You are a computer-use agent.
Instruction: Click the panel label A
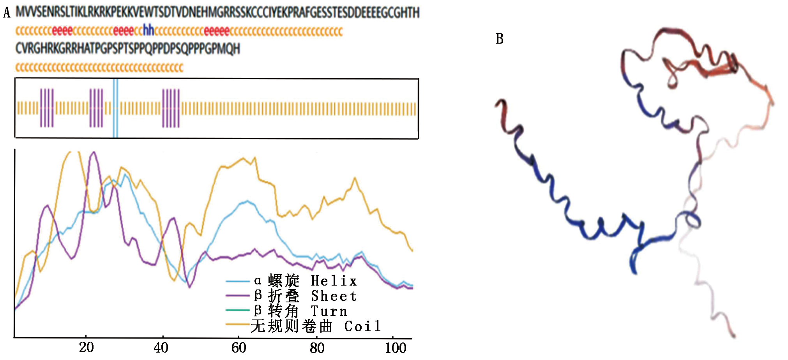pos(7,13)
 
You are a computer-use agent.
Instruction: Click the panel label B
pos(499,39)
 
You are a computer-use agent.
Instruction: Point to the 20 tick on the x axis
pos(86,347)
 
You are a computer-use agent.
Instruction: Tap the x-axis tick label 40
pos(161,347)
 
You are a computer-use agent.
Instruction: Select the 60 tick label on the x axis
pos(239,347)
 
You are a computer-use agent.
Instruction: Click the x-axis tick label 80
pos(317,347)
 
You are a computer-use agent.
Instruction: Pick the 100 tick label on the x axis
pos(395,347)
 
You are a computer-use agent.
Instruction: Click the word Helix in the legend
pos(334,281)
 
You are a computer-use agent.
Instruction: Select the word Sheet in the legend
pos(334,296)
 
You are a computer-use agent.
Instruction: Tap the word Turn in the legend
pos(329,311)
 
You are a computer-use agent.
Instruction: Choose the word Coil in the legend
pos(362,326)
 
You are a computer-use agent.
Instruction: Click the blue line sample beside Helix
pos(238,281)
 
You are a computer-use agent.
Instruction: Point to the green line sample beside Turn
pos(238,310)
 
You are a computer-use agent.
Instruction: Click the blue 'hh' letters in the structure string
pos(148,30)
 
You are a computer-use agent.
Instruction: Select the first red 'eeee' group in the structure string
pos(62,31)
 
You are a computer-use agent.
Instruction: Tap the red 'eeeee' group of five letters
pos(217,31)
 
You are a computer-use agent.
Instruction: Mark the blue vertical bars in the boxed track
pos(115,108)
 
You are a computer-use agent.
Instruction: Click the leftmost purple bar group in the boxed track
pos(47,108)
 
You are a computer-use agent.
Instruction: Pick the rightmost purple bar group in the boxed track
pos(171,108)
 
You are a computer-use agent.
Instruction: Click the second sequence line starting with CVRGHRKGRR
pos(127,49)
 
